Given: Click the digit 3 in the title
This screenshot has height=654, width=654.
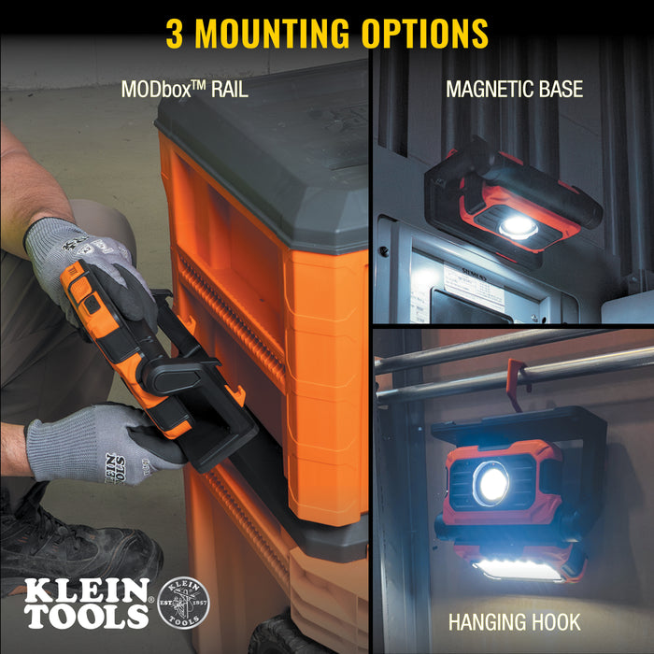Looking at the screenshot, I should (175, 33).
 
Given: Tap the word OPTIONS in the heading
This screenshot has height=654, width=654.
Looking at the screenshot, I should (426, 33).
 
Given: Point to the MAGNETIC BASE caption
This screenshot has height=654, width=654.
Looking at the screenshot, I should (514, 90).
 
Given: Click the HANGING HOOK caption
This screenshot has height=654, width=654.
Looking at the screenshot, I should (513, 622).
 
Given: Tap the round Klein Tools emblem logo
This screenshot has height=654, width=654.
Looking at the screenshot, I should (184, 603).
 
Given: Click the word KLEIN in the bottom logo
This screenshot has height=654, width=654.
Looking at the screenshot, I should (87, 590).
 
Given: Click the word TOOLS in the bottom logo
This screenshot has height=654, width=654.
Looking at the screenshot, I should (87, 616).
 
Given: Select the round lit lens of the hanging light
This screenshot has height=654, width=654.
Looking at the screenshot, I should (491, 484).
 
